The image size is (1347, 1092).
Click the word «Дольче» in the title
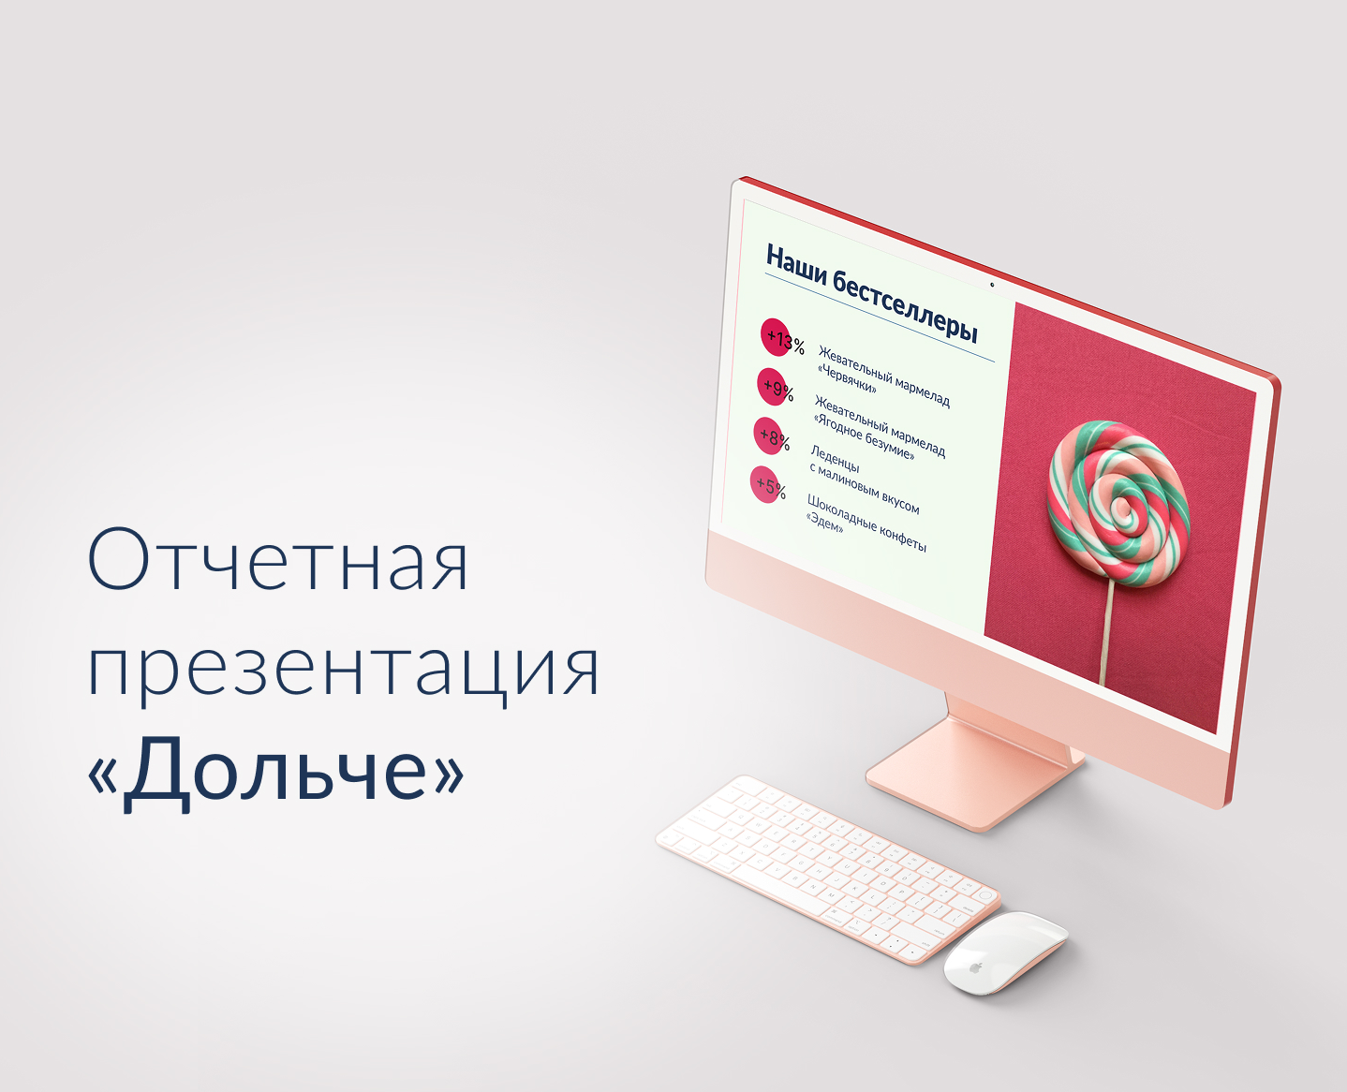[276, 769]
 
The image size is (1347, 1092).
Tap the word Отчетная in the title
[278, 559]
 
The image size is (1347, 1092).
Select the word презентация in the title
[343, 668]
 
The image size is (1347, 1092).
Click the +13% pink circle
[777, 338]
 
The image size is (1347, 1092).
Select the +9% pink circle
[774, 385]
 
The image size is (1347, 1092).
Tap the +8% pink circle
[770, 435]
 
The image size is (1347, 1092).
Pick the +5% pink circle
[767, 484]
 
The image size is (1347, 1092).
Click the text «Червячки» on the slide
[847, 378]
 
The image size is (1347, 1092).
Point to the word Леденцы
[835, 459]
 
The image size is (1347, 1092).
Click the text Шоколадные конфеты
[866, 523]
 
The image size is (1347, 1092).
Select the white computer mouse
[1004, 952]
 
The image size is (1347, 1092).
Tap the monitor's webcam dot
[992, 284]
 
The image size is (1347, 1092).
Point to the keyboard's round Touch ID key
[984, 896]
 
